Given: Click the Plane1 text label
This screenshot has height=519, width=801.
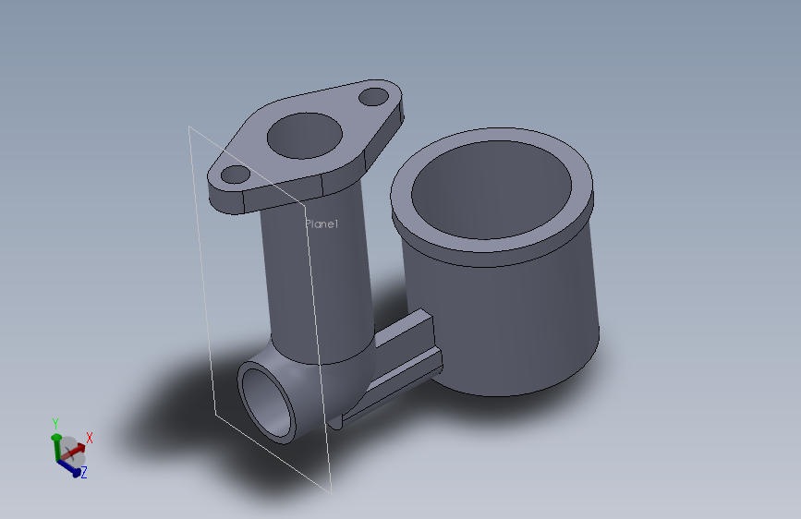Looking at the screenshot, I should (x=322, y=224).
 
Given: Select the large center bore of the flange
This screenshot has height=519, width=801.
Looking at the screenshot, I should (x=304, y=137).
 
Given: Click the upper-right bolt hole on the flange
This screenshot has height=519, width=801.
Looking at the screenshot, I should (x=374, y=95).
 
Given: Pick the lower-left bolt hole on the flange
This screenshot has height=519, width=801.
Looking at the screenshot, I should (x=235, y=174).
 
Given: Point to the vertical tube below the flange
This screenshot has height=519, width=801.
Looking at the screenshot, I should (x=314, y=277).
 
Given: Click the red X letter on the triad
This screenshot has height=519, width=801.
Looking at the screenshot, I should (x=90, y=438).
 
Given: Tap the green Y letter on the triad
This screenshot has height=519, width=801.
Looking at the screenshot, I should (x=55, y=424).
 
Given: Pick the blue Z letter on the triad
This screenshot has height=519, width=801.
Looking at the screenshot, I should (x=83, y=473).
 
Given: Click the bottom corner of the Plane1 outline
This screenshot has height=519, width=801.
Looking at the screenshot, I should (x=330, y=490).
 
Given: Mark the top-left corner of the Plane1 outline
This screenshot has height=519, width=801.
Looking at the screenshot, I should (x=190, y=127).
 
